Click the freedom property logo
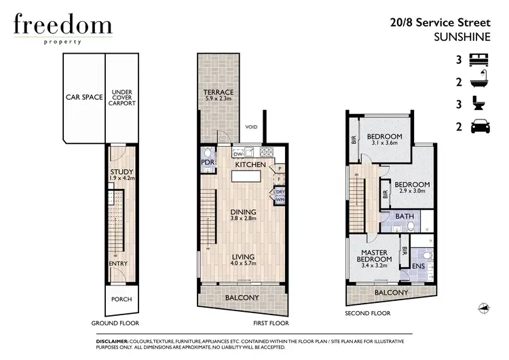coord(62,28)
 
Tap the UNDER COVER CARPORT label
coord(123,98)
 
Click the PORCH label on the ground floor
coord(121,299)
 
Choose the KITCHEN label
coord(249,165)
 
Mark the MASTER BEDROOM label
coord(375,258)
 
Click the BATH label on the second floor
coord(405,217)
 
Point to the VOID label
coord(252,126)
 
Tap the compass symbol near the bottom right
coord(483,308)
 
